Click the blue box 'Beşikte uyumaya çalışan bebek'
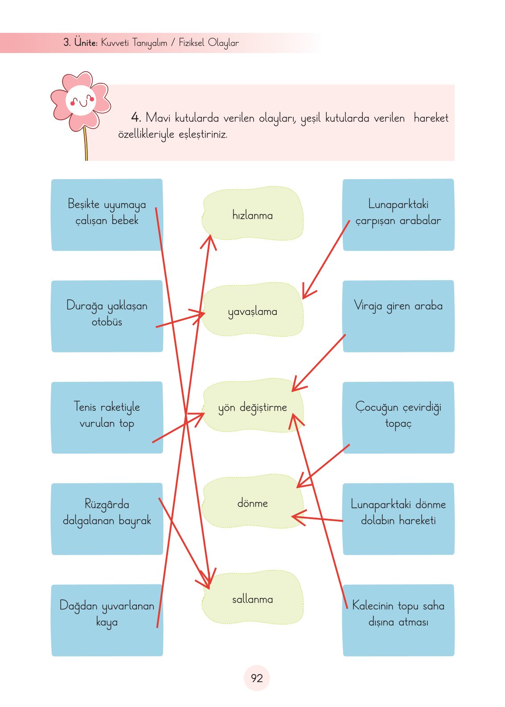click(x=107, y=215)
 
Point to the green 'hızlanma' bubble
click(x=252, y=214)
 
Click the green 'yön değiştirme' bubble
click(x=252, y=407)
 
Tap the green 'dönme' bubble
click(x=252, y=503)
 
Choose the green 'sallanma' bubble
click(x=252, y=599)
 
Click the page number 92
click(x=257, y=678)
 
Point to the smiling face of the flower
click(x=81, y=101)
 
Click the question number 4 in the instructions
click(x=135, y=118)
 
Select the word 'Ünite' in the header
click(x=86, y=43)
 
